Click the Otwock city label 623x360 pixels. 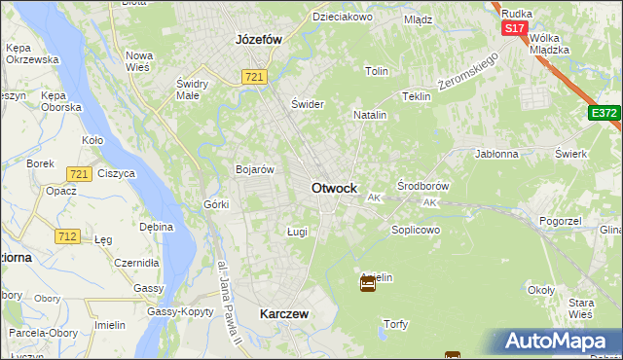(x=334, y=188)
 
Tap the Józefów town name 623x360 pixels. (x=258, y=40)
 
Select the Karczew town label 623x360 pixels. (x=284, y=314)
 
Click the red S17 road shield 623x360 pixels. (x=515, y=28)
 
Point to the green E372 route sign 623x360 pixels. (x=605, y=114)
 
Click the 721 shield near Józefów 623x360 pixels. (x=255, y=77)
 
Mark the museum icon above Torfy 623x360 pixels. (x=368, y=283)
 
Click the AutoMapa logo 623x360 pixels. (x=559, y=342)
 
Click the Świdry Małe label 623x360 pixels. (x=194, y=88)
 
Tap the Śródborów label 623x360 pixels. (x=423, y=185)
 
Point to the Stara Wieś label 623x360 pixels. (x=580, y=309)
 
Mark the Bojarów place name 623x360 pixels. (x=253, y=169)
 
